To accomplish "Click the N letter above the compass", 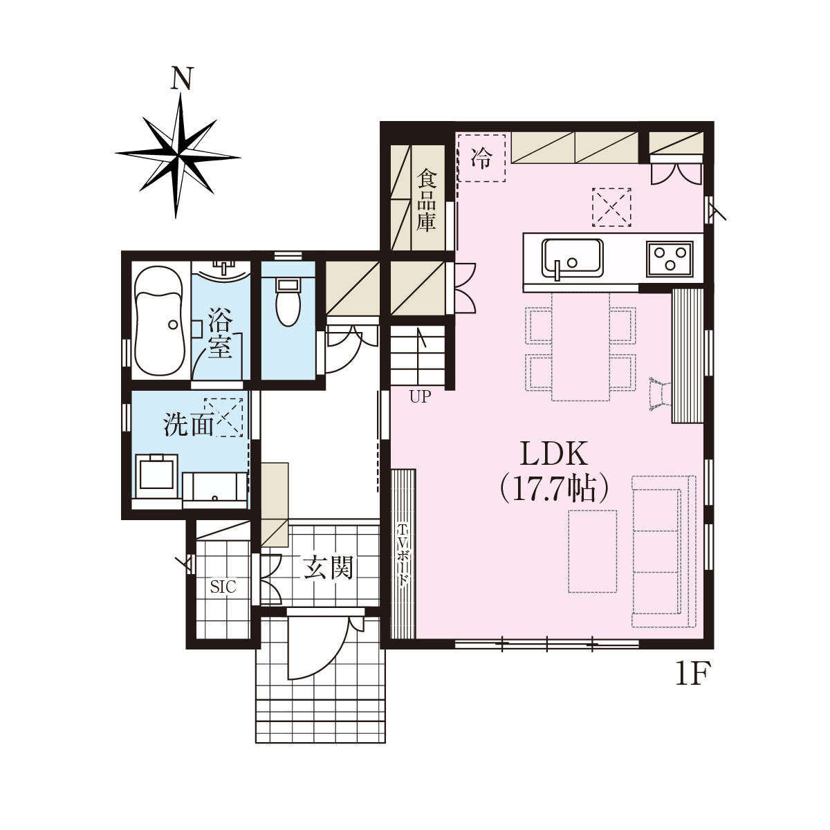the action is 181,78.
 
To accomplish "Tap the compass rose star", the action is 178,156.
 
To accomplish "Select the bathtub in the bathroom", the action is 160,322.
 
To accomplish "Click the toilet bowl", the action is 288,303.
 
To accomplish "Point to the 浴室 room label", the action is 220,333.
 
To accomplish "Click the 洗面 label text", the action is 188,425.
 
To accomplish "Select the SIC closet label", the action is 223,587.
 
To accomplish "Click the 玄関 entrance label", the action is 329,567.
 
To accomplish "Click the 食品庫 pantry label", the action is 427,201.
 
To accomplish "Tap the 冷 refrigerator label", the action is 481,158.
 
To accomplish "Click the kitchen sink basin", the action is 573,258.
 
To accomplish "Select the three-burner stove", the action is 670,259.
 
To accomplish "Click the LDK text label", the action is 554,454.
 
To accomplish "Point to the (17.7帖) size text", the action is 554,489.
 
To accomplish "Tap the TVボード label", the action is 403,555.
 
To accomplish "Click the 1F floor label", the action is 691,674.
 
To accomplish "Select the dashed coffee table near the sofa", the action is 592,552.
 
